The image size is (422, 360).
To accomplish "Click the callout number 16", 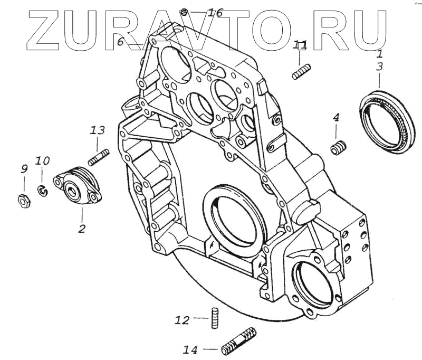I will point(215,13).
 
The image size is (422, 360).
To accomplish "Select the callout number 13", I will point(98,130).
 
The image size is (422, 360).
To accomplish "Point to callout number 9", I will point(24,169).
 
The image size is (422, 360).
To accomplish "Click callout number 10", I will point(43,160).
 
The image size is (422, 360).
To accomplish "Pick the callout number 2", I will point(82,229).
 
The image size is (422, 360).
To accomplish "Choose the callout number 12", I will point(182,319).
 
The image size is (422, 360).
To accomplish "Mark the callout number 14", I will point(190,349).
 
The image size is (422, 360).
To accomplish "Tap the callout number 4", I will point(335,118).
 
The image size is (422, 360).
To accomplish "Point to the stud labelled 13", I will point(99,157).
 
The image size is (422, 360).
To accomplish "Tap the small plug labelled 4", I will point(338,147).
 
